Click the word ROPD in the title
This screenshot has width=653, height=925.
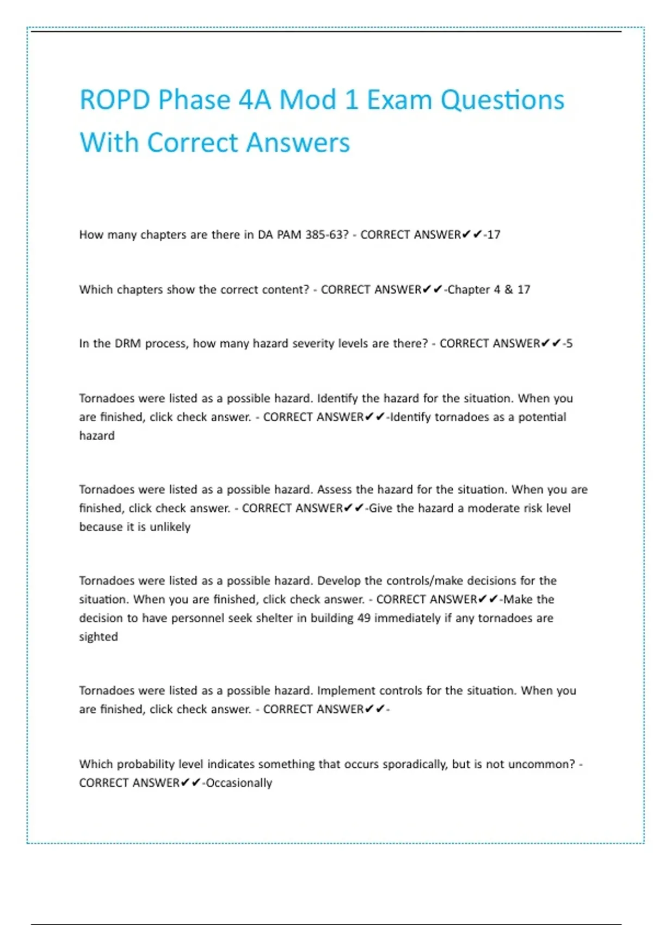coord(115,100)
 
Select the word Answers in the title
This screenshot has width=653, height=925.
coord(298,143)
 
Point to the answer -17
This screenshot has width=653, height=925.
coord(492,235)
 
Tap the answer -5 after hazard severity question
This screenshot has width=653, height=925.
coord(568,343)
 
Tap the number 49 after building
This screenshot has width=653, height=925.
coord(364,618)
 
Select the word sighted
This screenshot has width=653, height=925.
coord(98,637)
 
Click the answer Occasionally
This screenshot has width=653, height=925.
coord(239,783)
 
